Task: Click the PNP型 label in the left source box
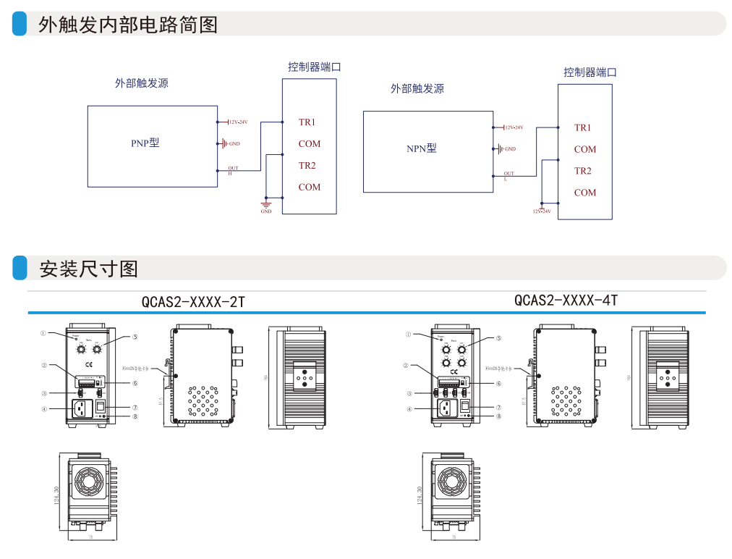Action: pyautogui.click(x=145, y=143)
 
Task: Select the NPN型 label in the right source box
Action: pyautogui.click(x=422, y=148)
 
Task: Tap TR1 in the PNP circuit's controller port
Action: pyautogui.click(x=307, y=122)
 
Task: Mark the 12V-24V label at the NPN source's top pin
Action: pyautogui.click(x=514, y=127)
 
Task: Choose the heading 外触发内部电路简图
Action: pyautogui.click(x=128, y=25)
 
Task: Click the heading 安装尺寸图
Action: pyautogui.click(x=88, y=269)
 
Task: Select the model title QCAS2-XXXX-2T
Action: pyautogui.click(x=193, y=302)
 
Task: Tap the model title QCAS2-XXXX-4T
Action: pyautogui.click(x=566, y=300)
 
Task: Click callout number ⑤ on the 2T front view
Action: pyautogui.click(x=135, y=337)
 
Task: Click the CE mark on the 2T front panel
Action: pyautogui.click(x=89, y=363)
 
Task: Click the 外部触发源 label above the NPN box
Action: pyautogui.click(x=417, y=89)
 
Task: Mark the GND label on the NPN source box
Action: pyautogui.click(x=510, y=149)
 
